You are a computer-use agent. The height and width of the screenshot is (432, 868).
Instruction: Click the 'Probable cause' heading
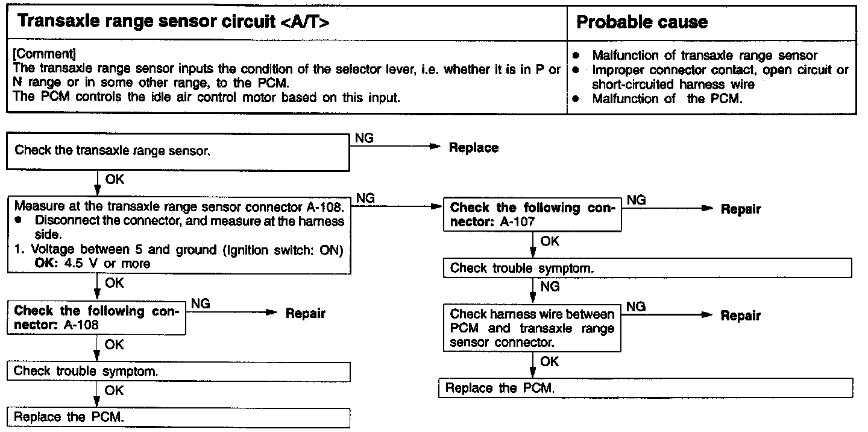click(x=642, y=23)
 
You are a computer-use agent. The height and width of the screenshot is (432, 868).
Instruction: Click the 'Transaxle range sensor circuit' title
click(x=174, y=23)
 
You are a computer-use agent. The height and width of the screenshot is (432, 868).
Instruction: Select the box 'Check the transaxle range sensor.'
click(x=178, y=151)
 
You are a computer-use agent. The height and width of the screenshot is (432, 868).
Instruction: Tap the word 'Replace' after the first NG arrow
click(x=474, y=148)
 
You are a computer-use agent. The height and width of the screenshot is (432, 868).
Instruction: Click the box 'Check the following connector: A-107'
click(x=532, y=215)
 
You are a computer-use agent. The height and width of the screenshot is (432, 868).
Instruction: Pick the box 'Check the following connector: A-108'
click(x=96, y=318)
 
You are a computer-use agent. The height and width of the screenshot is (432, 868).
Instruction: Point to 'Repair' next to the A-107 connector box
click(x=741, y=209)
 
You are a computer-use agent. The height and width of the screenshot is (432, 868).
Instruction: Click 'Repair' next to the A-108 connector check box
click(x=305, y=313)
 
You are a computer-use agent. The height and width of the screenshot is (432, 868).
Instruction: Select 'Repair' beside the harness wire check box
click(x=741, y=316)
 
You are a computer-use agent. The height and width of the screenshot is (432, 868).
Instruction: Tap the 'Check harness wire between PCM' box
click(x=532, y=329)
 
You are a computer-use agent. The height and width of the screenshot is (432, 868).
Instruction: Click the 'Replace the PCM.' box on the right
click(x=646, y=388)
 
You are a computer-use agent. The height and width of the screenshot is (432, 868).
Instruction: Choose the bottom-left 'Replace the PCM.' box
click(x=178, y=417)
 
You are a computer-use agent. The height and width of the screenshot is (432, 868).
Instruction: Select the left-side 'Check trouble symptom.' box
click(x=178, y=371)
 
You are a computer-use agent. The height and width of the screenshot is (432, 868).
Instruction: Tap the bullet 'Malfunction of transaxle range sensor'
click(x=704, y=55)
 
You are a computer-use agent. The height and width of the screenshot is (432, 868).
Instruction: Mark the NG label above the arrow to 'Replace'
click(x=365, y=138)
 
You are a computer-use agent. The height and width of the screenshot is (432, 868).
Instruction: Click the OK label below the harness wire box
click(x=550, y=361)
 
